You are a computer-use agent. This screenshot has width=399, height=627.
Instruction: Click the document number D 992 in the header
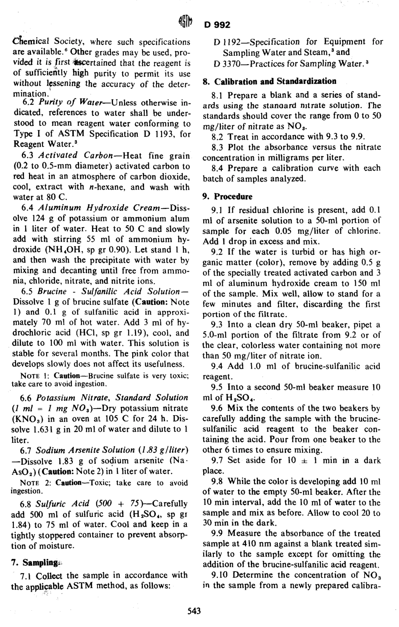(218, 25)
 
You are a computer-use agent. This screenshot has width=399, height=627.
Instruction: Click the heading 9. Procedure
(228, 196)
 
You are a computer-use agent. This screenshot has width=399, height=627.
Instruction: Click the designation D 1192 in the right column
(226, 42)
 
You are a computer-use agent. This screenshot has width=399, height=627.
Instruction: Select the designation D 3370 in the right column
(226, 64)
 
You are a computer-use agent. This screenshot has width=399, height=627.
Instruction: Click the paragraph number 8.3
(218, 147)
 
